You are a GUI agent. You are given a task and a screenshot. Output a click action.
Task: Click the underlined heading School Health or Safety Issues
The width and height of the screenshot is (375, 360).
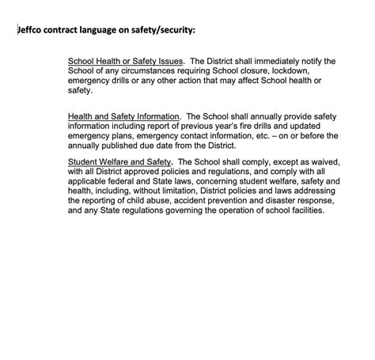tap(126, 61)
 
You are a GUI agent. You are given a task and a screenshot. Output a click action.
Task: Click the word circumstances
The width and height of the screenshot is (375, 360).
tap(139, 71)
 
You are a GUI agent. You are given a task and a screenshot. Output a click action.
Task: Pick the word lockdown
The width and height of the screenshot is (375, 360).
tap(294, 71)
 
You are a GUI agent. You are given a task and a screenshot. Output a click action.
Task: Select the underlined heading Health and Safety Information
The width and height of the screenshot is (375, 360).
tap(124, 116)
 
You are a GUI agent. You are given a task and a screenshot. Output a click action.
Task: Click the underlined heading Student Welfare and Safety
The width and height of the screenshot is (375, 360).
tap(119, 161)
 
